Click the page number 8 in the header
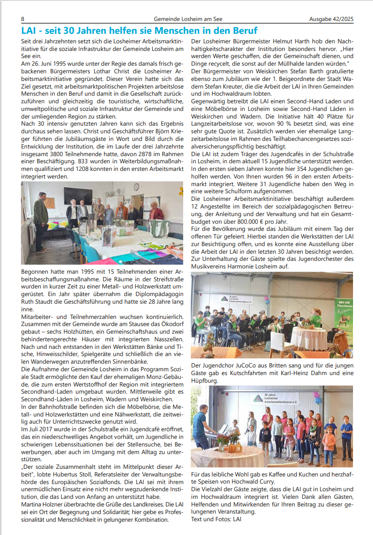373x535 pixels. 23,19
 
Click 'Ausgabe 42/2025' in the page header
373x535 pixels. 331,19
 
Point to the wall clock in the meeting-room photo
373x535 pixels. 137,187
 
